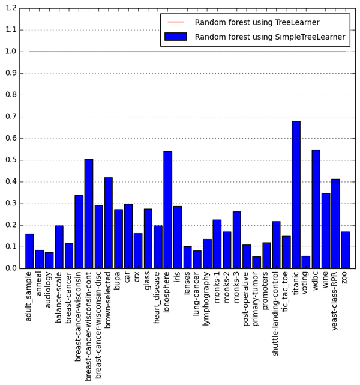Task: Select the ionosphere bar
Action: (167, 210)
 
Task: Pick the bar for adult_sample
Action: (29, 251)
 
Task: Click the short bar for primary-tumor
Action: (256, 262)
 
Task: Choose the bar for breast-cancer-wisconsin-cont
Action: (89, 214)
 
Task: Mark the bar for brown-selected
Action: (109, 223)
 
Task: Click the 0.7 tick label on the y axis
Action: (10, 117)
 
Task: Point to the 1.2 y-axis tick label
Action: (10, 8)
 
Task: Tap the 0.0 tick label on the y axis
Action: (10, 268)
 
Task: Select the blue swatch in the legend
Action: (175, 37)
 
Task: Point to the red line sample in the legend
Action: (175, 22)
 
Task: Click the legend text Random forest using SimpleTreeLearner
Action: (270, 37)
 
